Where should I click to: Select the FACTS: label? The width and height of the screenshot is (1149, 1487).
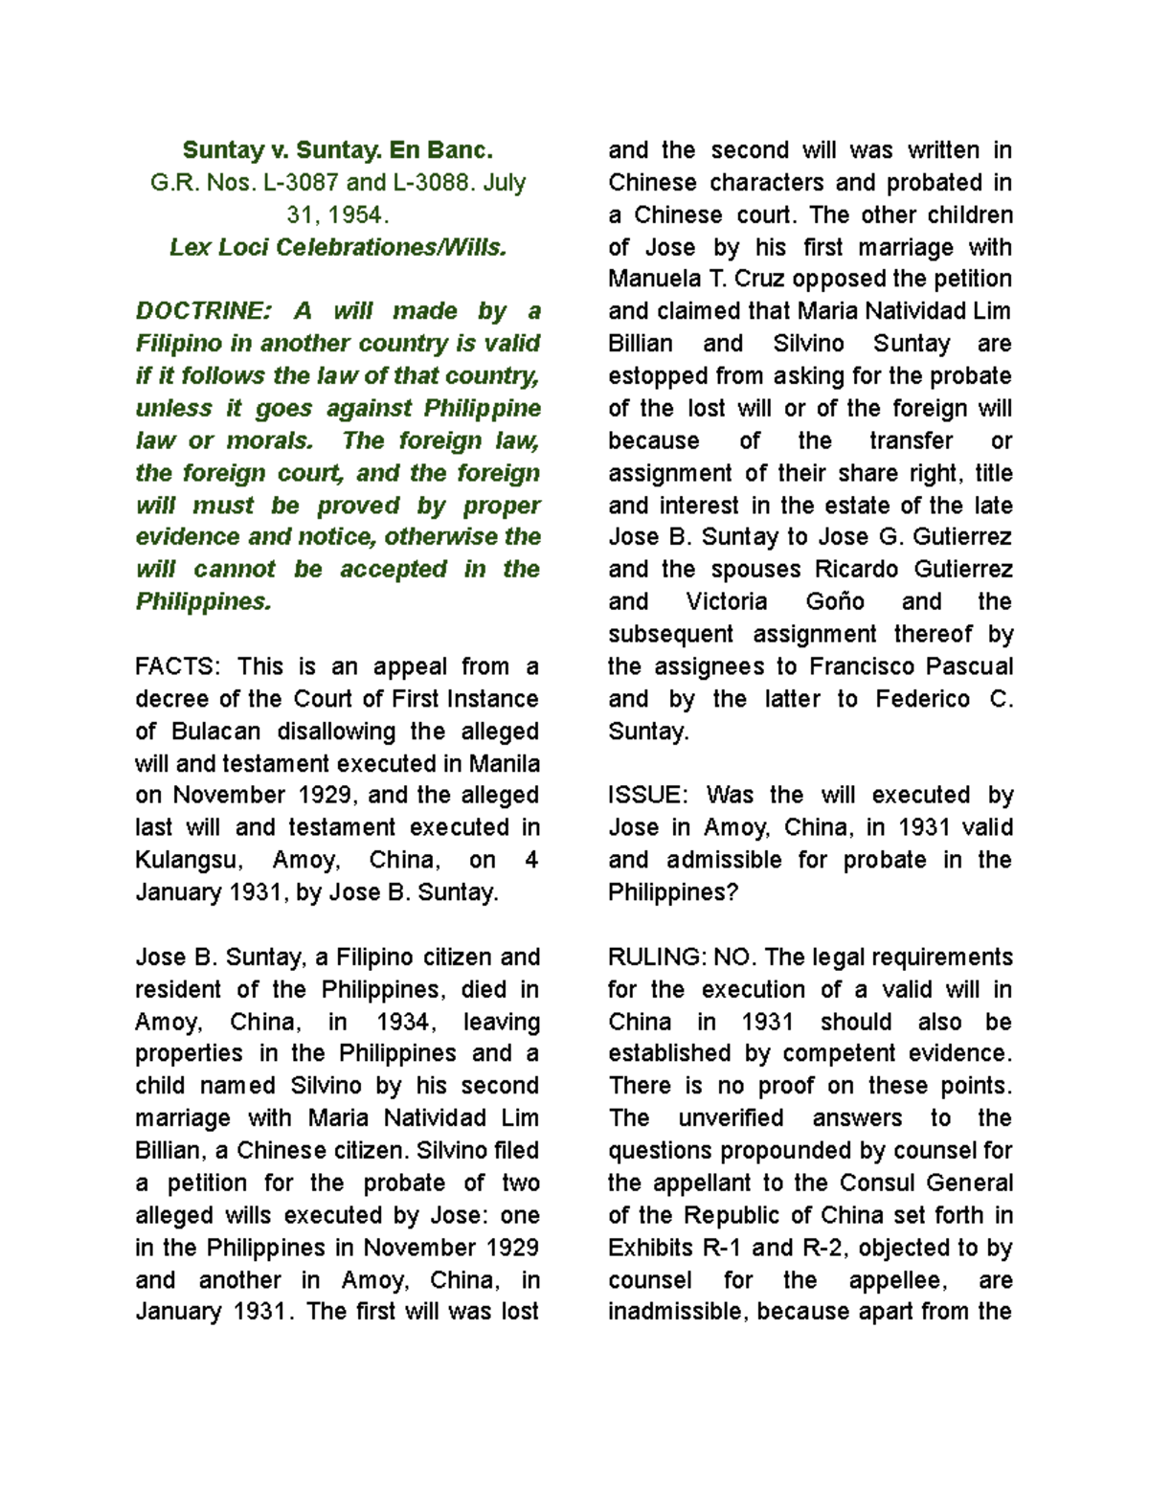tap(178, 666)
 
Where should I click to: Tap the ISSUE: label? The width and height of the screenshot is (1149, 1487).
tap(647, 796)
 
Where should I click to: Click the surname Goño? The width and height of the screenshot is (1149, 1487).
tap(835, 602)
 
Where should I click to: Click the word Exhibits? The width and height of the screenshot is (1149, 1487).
tap(651, 1249)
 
